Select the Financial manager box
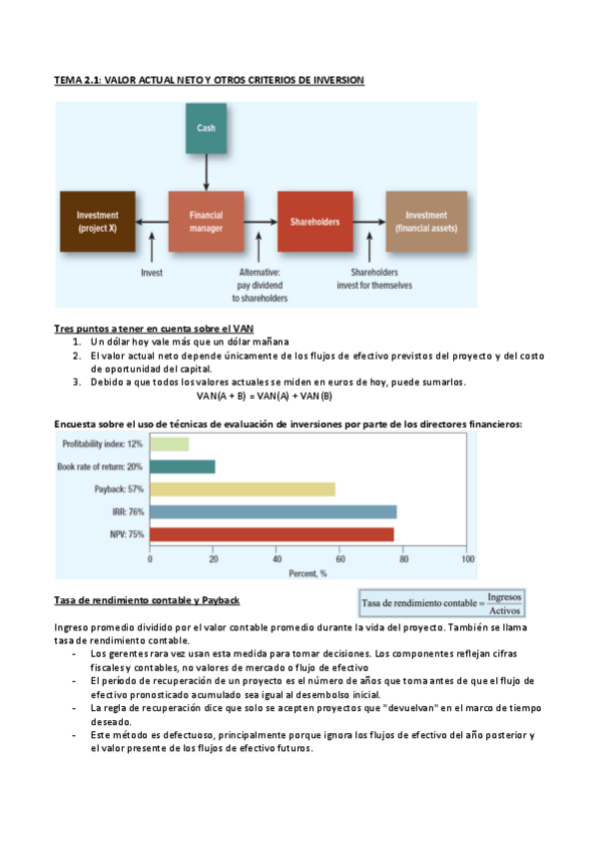(x=206, y=221)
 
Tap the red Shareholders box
(x=314, y=221)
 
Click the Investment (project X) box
(x=98, y=221)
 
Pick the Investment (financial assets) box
(x=425, y=221)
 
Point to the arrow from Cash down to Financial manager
(x=206, y=172)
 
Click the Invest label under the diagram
(x=152, y=271)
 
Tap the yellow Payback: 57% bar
(x=242, y=489)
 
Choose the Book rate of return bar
(x=182, y=466)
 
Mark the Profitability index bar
(x=169, y=443)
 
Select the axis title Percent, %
(x=308, y=573)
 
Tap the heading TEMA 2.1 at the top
(x=209, y=79)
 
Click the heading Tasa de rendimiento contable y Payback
(x=146, y=599)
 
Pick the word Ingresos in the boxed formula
(x=504, y=596)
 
